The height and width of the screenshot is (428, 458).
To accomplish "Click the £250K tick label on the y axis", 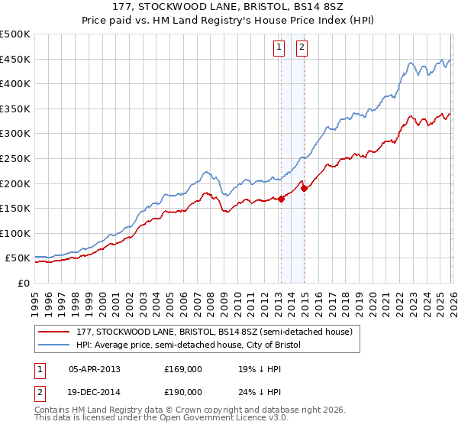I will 15,158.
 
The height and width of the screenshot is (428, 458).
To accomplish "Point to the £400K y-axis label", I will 15,84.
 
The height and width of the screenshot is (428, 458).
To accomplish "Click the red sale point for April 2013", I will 280,199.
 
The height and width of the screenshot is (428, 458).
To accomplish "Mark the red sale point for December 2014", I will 304,188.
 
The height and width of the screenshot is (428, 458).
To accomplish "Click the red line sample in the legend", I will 54,332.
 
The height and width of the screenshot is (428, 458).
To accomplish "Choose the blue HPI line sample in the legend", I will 54,345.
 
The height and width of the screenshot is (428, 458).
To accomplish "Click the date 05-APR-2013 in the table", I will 95,369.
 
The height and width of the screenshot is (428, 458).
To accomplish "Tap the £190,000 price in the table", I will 182,392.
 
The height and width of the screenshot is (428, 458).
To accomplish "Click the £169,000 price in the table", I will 182,369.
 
